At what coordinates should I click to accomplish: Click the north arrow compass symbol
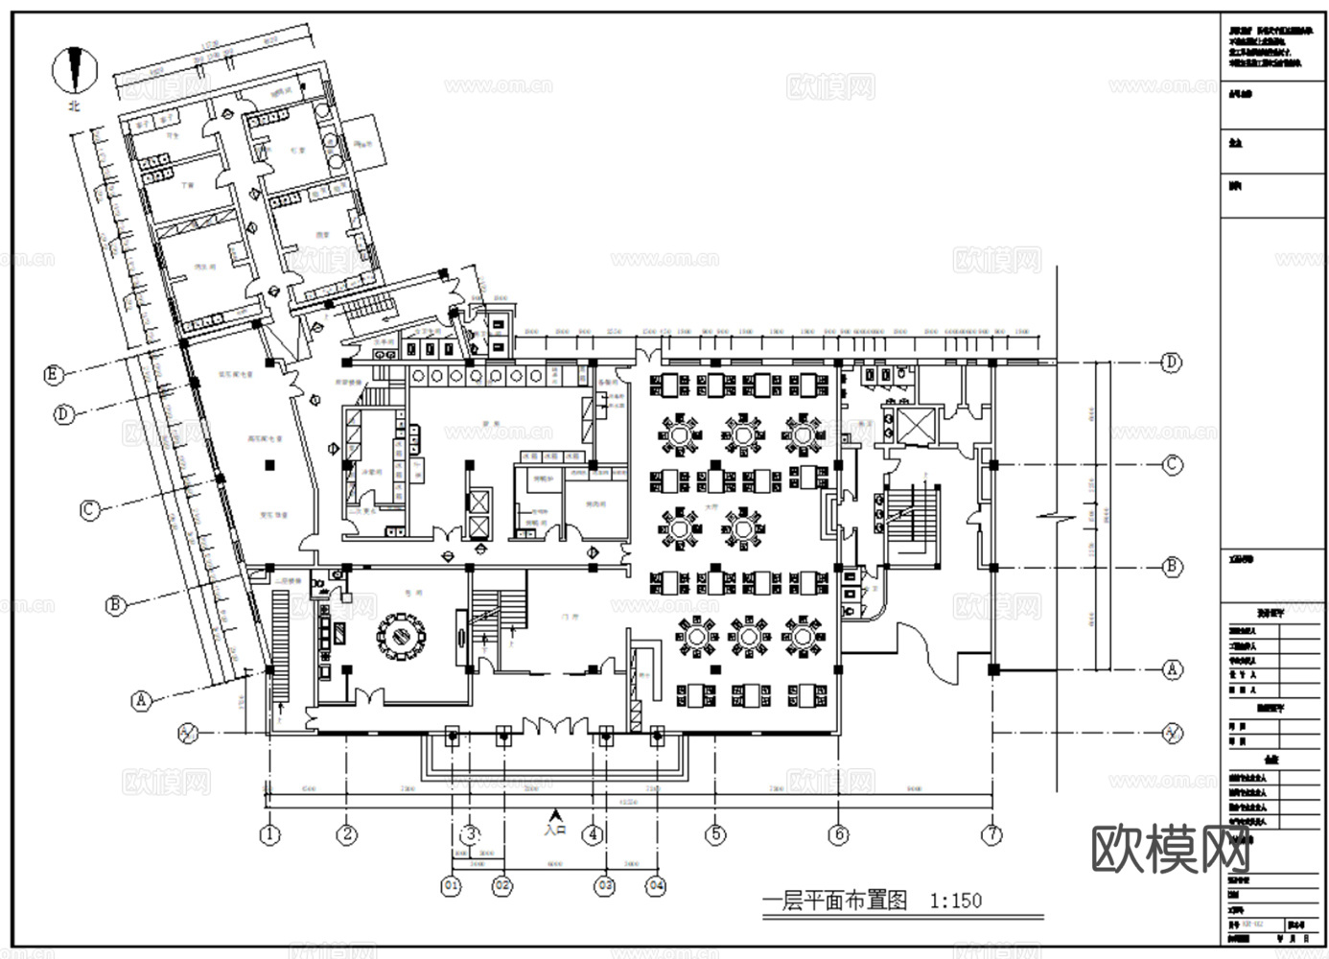[75, 69]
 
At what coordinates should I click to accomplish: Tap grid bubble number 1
[270, 834]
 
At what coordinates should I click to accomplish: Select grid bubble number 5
[715, 834]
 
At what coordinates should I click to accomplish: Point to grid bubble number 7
[991, 834]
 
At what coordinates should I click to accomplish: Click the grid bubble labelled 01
[451, 886]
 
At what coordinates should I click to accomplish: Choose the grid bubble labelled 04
[656, 886]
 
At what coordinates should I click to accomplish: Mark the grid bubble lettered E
[54, 375]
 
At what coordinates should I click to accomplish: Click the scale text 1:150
[955, 901]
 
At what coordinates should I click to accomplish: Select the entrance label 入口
[554, 830]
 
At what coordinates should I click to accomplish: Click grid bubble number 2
[347, 834]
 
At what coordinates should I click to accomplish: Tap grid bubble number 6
[839, 834]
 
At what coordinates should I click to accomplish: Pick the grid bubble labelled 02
[503, 886]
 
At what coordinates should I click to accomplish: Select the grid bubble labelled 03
[604, 886]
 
